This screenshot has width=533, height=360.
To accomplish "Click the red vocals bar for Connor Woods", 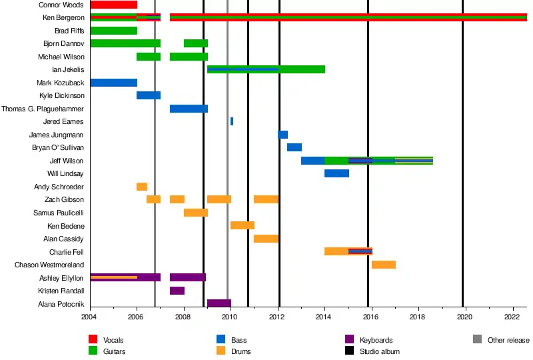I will tap(113, 5).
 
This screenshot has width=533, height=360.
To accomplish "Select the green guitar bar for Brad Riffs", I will tap(113, 31).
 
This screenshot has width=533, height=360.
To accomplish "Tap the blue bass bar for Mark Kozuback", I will tap(113, 83).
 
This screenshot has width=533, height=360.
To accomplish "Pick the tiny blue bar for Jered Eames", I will tap(232, 121).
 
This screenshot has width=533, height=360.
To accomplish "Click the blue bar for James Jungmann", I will tap(282, 135).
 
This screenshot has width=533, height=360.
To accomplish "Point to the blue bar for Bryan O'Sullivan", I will tap(294, 147).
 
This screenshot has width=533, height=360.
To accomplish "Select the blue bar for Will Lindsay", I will tap(336, 173).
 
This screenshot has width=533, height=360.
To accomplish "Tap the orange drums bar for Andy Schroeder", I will tap(142, 187).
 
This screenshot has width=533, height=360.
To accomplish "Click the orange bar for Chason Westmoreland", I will tap(384, 265).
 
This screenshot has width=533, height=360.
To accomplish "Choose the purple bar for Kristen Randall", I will tap(177, 291).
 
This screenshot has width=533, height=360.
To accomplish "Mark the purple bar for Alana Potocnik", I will tap(219, 303).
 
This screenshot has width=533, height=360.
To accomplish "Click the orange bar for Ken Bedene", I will tap(243, 225).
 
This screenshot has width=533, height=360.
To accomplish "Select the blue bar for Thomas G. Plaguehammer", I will tap(189, 109).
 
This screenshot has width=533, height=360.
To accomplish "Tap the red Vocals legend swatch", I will tap(94, 340).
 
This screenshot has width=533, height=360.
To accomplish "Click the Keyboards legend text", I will tap(376, 340).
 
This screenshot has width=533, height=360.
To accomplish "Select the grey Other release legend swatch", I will tap(477, 340).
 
